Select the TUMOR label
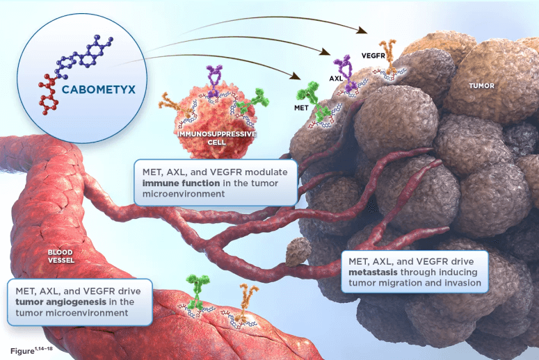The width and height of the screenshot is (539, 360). point(481,86)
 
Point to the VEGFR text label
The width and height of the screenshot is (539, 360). point(373,54)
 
